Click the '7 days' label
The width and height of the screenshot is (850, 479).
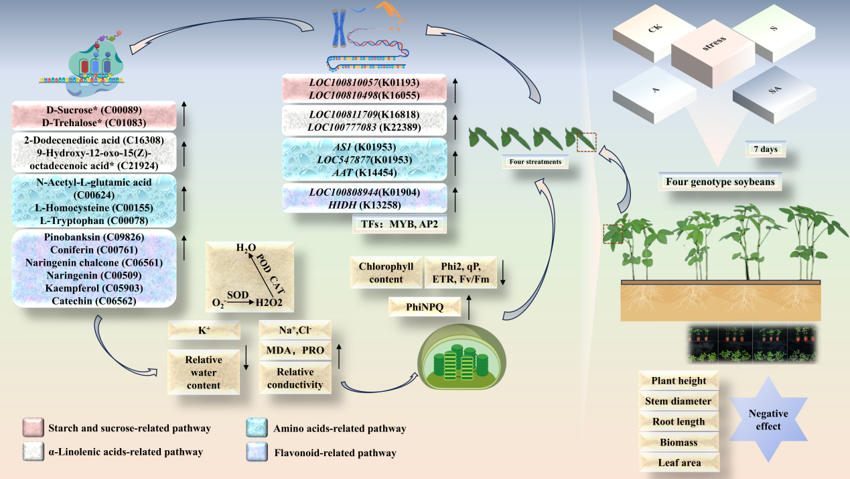pos(765,149)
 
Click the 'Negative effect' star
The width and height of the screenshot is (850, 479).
pos(768,420)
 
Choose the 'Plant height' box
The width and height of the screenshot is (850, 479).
pos(679,381)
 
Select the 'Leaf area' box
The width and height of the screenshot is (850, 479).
pos(679,463)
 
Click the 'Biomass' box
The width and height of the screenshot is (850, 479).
pos(679,443)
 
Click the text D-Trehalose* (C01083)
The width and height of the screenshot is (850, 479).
pos(93,122)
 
